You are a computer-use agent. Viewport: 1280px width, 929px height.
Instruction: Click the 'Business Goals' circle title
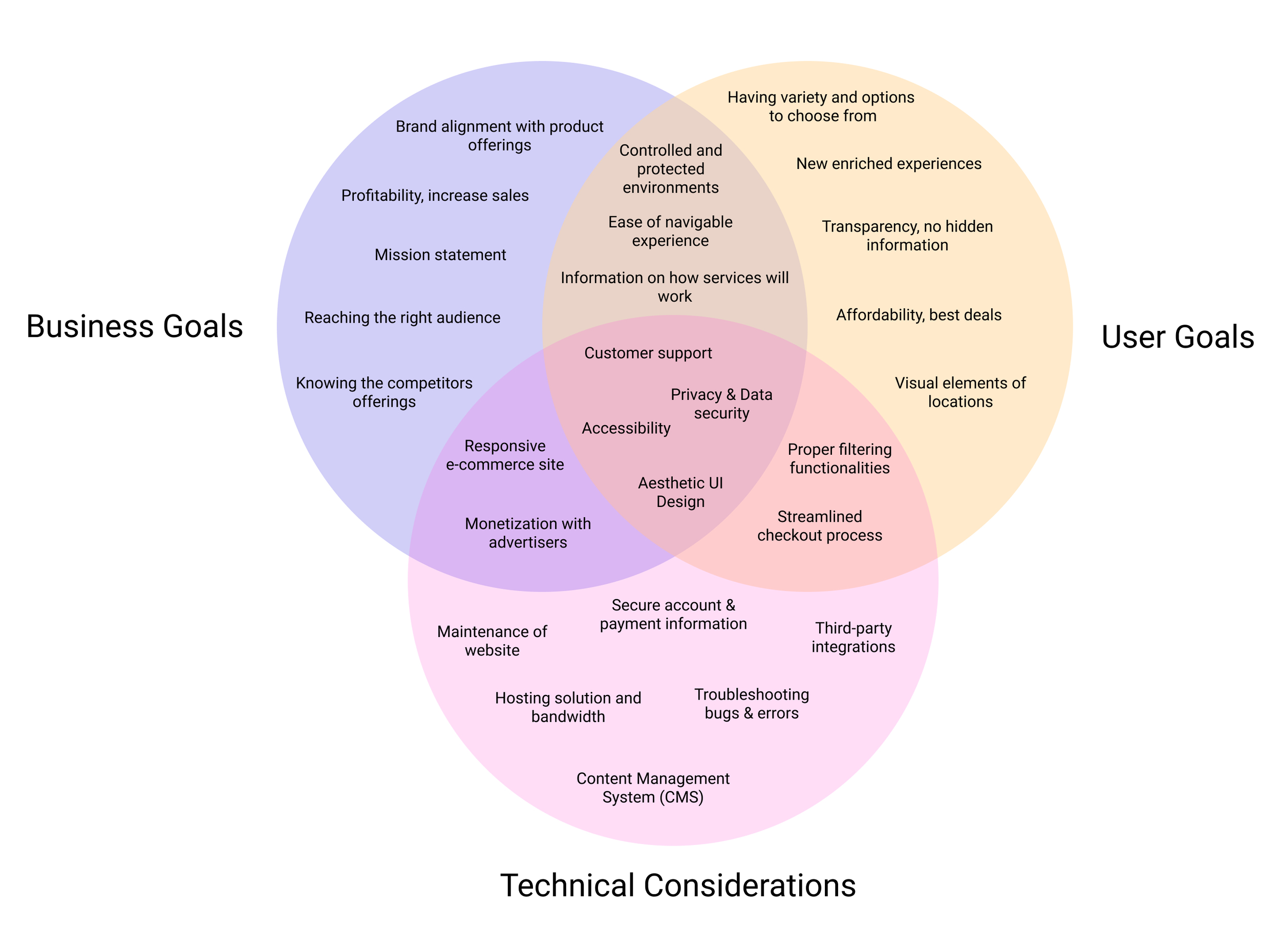[134, 327]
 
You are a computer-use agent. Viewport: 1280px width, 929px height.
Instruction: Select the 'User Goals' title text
[1177, 337]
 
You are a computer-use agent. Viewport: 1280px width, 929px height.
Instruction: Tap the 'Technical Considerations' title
[677, 884]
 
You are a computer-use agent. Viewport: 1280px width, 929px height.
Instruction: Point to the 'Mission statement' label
[440, 255]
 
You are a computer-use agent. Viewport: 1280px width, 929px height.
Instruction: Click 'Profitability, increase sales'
[435, 195]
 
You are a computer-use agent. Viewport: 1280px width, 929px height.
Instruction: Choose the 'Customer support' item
[648, 353]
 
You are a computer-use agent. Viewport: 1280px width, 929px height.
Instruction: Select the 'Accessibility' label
[626, 428]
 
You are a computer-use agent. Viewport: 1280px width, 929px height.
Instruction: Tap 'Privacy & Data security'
[721, 404]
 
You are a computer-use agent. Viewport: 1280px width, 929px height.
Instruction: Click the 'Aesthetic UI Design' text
[680, 492]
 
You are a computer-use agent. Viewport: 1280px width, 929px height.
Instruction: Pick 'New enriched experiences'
[888, 164]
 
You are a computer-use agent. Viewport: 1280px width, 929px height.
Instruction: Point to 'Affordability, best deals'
[918, 315]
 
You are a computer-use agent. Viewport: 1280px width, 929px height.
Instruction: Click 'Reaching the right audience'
[402, 318]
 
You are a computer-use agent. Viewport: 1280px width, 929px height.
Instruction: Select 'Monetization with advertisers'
[528, 533]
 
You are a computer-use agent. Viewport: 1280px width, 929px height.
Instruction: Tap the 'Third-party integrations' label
[853, 637]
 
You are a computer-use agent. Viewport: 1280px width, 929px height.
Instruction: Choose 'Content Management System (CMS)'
[652, 787]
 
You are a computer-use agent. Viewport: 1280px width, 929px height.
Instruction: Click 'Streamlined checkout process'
[820, 525]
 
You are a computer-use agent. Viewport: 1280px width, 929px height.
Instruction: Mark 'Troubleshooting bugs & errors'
[751, 703]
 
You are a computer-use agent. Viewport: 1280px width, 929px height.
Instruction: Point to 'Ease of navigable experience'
[670, 231]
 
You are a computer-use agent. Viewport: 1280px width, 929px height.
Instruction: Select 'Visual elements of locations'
[960, 392]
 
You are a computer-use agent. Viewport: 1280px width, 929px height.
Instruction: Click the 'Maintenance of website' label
[492, 641]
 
